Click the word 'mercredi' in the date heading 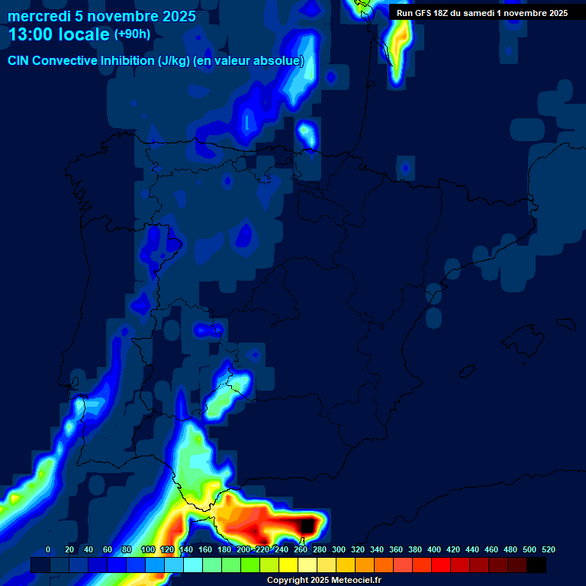point(37,16)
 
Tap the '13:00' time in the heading point(31,35)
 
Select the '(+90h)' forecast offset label point(132,34)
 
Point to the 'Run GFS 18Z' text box point(482,12)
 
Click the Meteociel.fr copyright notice point(324,580)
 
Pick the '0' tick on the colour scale point(48,549)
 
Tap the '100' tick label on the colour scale point(148,549)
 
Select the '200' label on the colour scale point(243,549)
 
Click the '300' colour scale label point(339,549)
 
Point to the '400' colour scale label point(434,549)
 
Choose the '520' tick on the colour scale point(549,549)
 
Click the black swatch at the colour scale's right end point(536,565)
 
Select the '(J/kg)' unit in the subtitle point(175,61)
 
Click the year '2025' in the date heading point(179,16)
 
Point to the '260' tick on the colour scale point(301,549)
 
